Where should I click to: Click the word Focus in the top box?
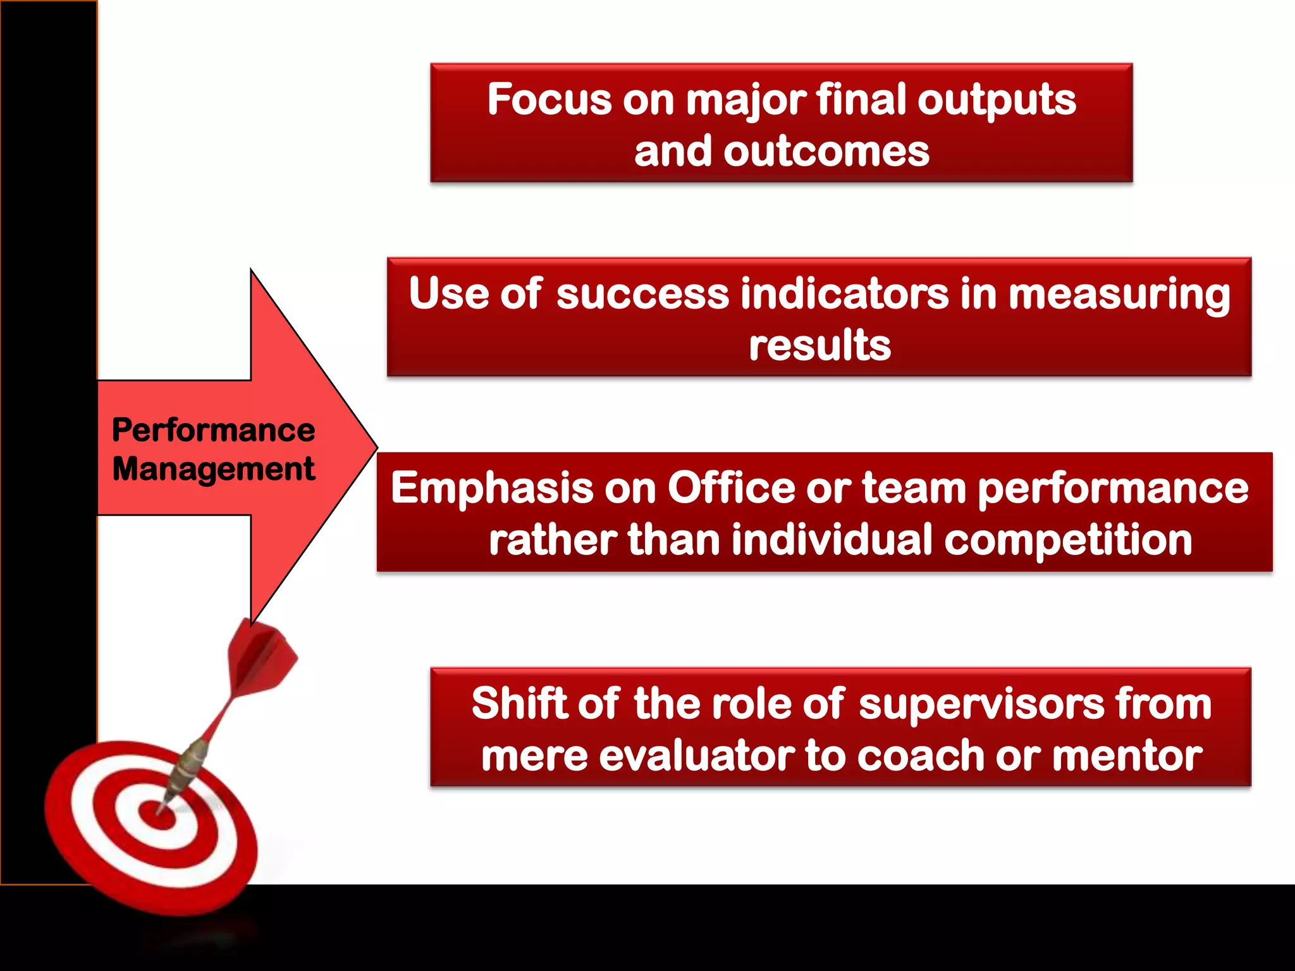pyautogui.click(x=549, y=100)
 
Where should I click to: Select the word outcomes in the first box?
pyautogui.click(x=826, y=152)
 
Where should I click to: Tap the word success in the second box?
pyautogui.click(x=642, y=294)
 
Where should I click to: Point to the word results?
pyautogui.click(x=819, y=346)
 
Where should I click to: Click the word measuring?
pyautogui.click(x=1119, y=295)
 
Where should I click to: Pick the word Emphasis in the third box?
pyautogui.click(x=492, y=489)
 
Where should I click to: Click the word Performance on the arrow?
pyautogui.click(x=213, y=431)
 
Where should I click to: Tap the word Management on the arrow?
pyautogui.click(x=213, y=470)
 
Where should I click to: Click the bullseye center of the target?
pyautogui.click(x=156, y=815)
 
